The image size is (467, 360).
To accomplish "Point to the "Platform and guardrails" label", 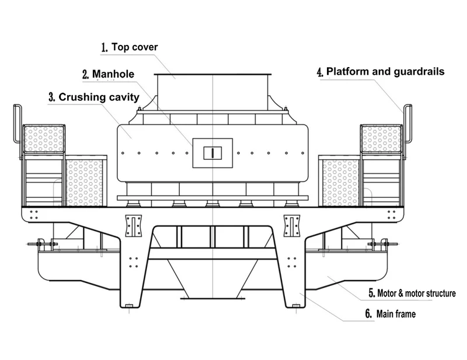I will pos(385,72).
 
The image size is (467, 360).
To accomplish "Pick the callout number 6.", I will pos(368,314).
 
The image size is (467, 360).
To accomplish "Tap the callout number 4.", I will pos(319,72).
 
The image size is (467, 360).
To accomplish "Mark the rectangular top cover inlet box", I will pos(213,88).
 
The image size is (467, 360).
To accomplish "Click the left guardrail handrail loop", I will pos(18,123).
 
